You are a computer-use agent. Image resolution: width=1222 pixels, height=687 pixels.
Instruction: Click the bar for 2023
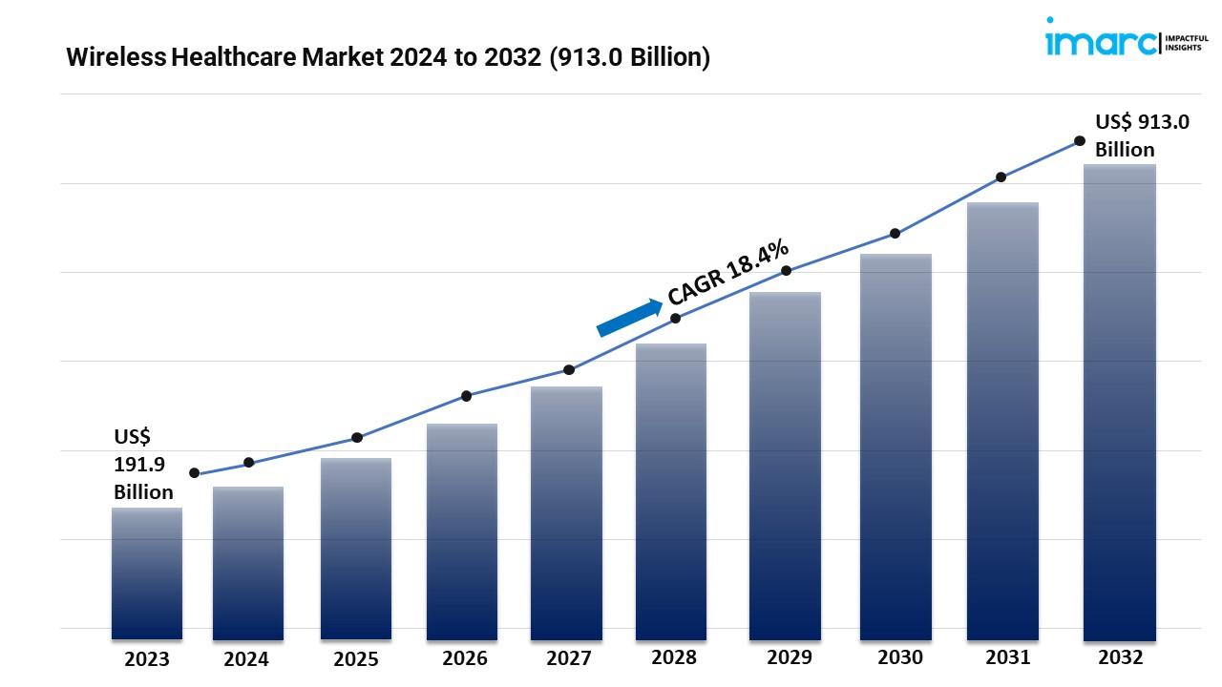147,572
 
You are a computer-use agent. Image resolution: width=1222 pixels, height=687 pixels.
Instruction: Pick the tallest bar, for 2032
1120,401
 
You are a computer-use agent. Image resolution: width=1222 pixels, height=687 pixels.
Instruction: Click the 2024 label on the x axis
246,659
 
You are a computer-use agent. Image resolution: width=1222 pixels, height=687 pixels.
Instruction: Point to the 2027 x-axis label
569,658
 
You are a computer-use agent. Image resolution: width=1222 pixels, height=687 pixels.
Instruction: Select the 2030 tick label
900,657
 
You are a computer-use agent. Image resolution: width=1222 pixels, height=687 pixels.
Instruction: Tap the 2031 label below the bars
1008,657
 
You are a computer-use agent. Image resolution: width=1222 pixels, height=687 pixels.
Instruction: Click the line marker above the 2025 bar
357,438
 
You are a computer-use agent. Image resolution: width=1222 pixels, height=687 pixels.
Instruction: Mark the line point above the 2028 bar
676,318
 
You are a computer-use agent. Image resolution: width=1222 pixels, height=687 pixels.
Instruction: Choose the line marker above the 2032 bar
1080,140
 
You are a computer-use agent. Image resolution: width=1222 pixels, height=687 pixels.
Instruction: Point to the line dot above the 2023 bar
195,473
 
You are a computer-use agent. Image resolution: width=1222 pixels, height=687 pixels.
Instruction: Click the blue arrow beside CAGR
629,318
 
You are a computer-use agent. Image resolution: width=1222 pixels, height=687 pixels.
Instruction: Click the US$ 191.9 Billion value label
143,465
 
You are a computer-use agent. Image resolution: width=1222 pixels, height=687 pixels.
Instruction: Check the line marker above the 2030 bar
895,233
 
